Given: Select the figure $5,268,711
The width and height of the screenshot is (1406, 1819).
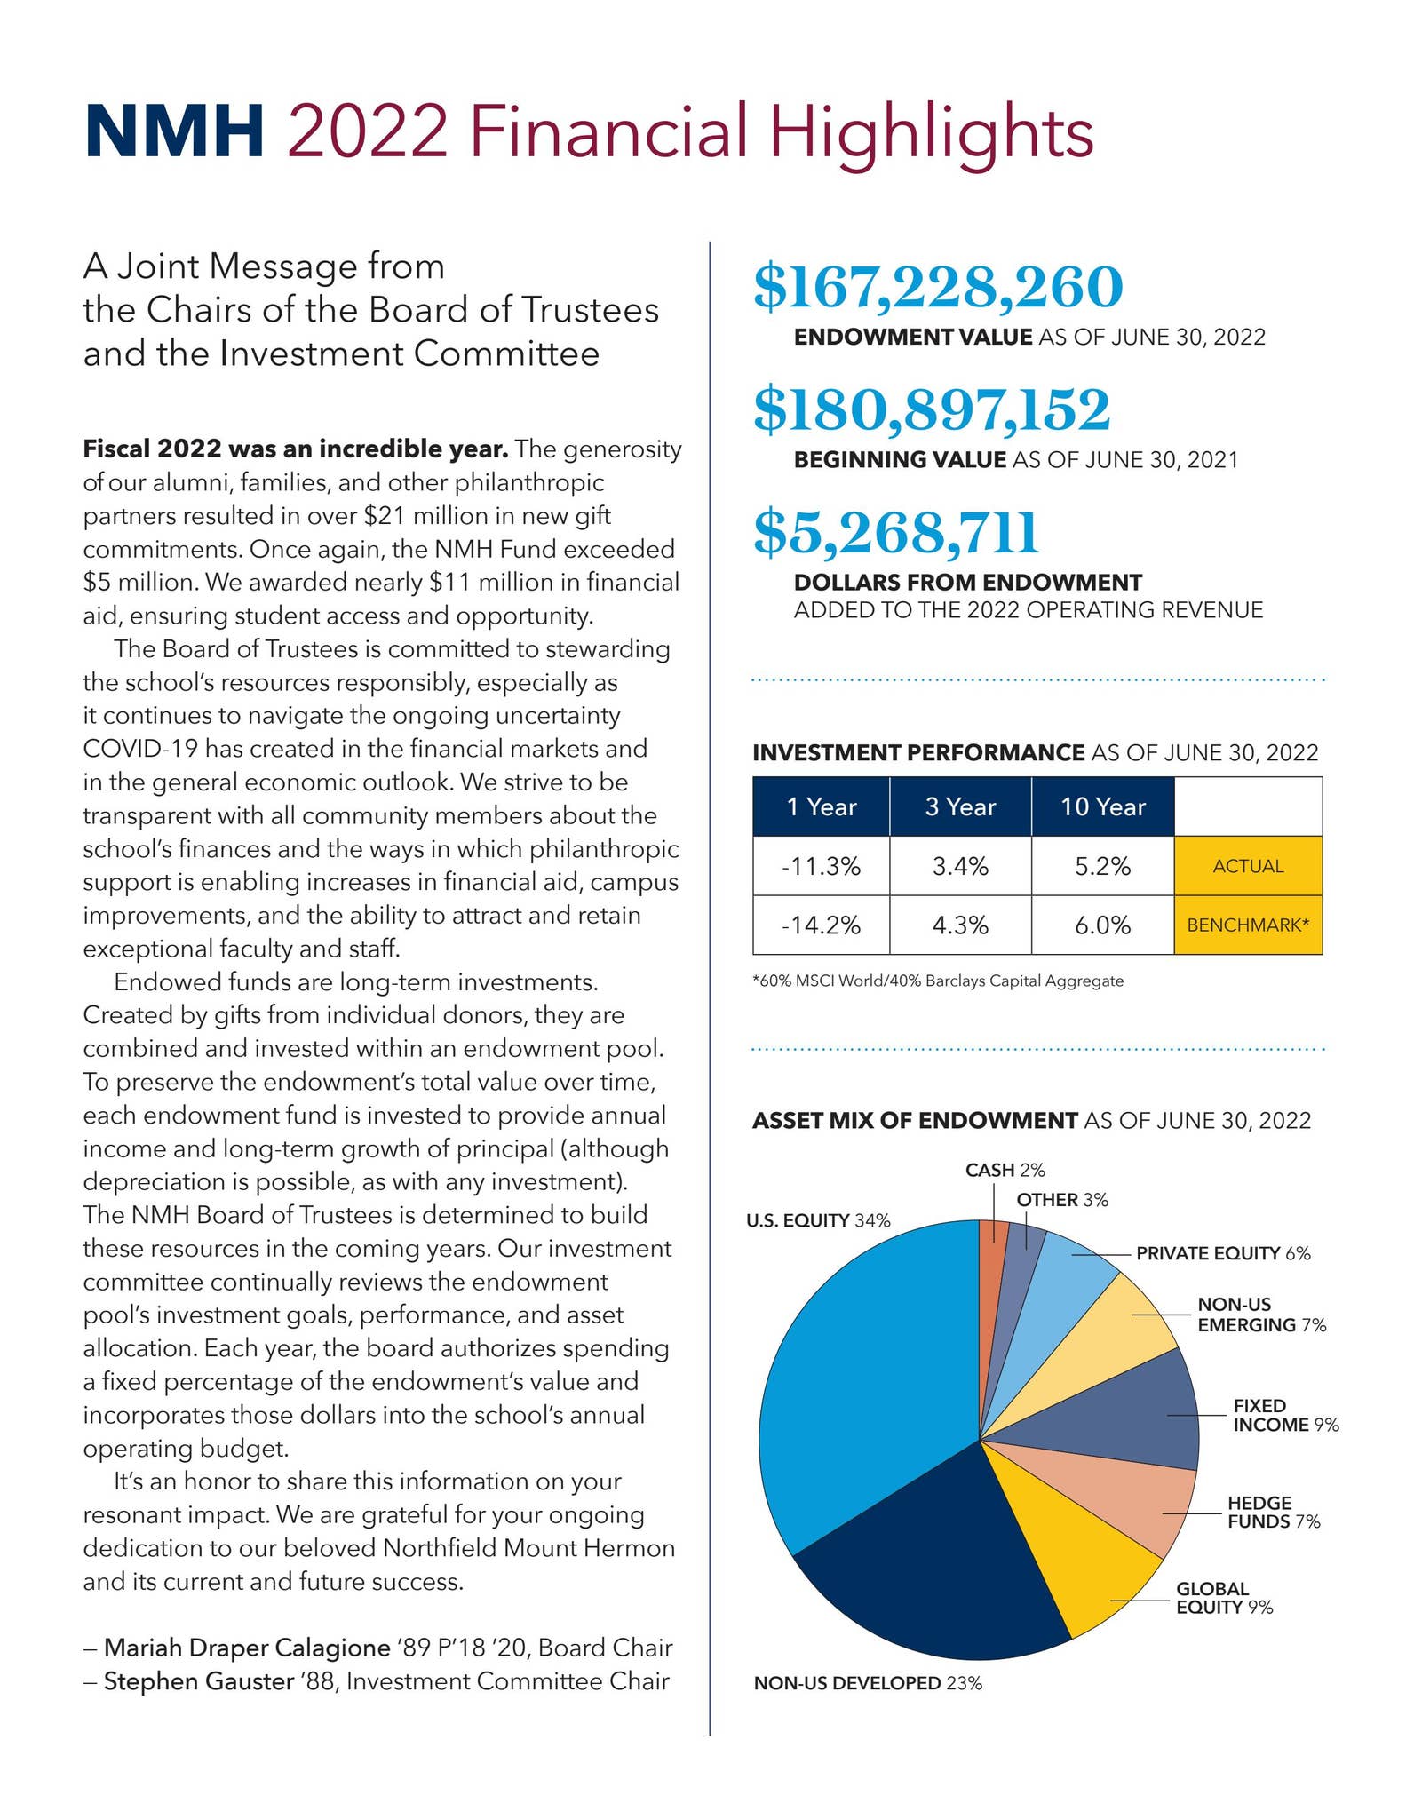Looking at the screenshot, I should tap(895, 533).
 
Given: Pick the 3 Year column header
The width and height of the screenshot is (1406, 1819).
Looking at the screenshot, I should tap(960, 806).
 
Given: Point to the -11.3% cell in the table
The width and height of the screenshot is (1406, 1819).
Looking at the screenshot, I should tap(821, 866).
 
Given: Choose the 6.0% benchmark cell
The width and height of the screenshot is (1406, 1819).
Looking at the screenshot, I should tap(1102, 925).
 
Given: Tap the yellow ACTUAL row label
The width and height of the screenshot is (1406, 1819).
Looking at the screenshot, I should tap(1248, 866).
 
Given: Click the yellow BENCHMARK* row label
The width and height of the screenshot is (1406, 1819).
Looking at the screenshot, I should tap(1248, 925).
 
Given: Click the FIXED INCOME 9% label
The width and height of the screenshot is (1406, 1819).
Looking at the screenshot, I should tap(1284, 1416).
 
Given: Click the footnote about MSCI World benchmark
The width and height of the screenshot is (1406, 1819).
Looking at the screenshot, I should tap(937, 981).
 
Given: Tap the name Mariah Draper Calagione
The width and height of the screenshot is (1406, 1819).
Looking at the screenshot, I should tap(247, 1648).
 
